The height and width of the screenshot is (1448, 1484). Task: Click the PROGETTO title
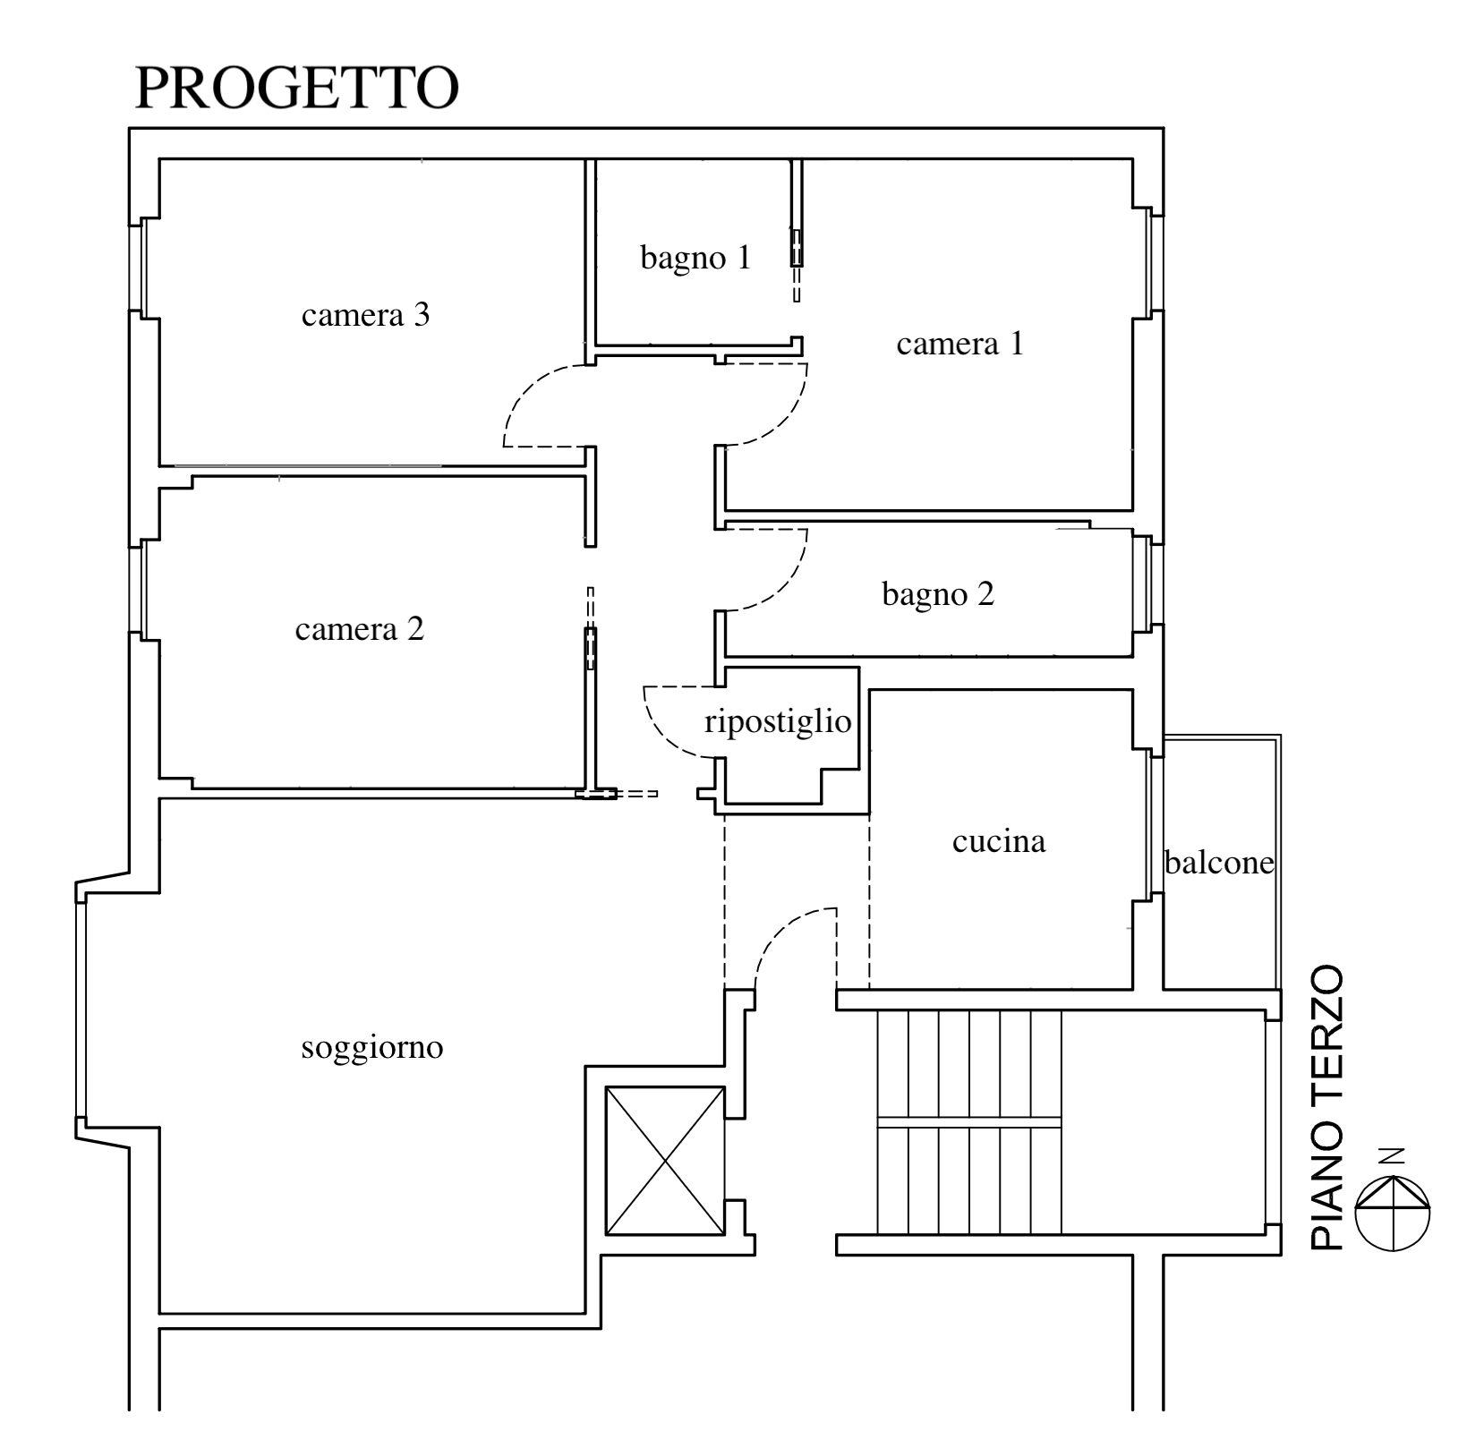coord(296,88)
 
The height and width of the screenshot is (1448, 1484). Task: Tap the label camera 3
coord(365,315)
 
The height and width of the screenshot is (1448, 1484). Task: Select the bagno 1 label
coord(695,259)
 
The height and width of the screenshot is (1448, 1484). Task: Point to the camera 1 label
coord(959,344)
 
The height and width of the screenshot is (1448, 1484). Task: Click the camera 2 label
coord(359,629)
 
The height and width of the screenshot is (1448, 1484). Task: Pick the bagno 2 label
coord(938,594)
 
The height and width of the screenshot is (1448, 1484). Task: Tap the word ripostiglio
coord(778,721)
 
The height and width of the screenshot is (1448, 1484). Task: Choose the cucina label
coord(999,841)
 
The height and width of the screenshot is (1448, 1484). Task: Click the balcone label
coord(1219,862)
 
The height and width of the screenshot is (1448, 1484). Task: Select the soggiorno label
coord(372,1047)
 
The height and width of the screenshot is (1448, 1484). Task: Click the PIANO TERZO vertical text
coord(1327,1107)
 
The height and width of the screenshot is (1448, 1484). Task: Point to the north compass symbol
coord(1393,1213)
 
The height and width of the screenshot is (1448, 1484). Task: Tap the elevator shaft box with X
coord(665,1160)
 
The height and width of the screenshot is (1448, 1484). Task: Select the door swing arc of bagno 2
coord(791,583)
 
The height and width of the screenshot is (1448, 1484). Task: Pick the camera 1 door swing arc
coord(791,418)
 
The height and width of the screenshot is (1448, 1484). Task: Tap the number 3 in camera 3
coord(422,315)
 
